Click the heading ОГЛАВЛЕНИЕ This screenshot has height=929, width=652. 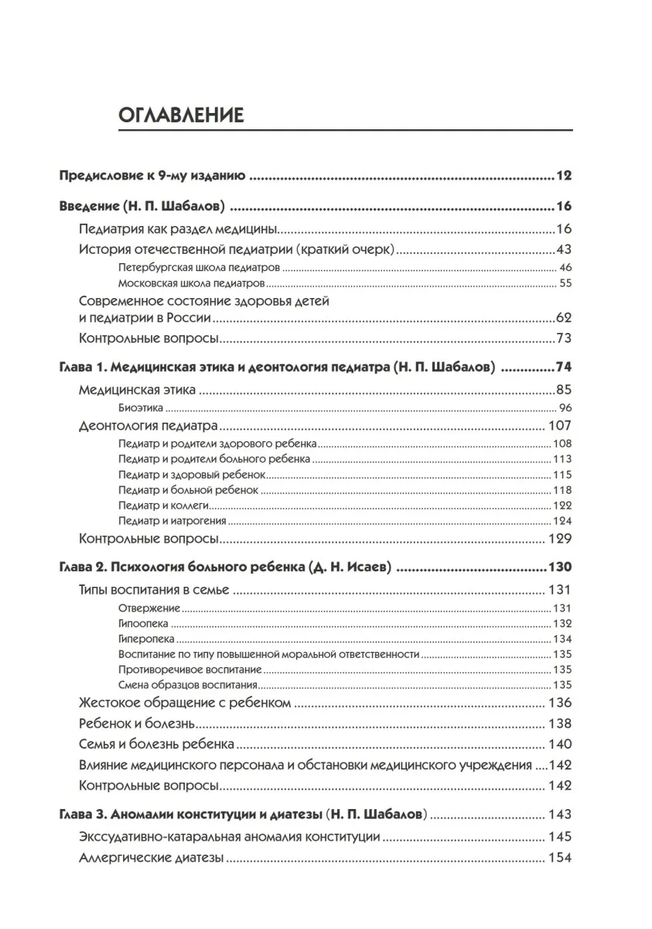(181, 115)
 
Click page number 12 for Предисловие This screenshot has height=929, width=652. (563, 176)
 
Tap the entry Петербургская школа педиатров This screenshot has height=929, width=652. (199, 267)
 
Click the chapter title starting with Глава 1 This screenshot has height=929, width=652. (277, 367)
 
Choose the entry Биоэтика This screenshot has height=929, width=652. (141, 408)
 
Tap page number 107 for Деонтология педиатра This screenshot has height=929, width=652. (559, 425)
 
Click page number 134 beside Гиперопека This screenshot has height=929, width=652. (562, 639)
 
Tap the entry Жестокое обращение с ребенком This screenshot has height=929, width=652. (185, 703)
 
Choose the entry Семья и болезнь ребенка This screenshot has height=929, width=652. (156, 744)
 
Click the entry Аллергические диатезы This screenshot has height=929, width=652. (152, 858)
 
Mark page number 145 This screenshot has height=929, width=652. (559, 837)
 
